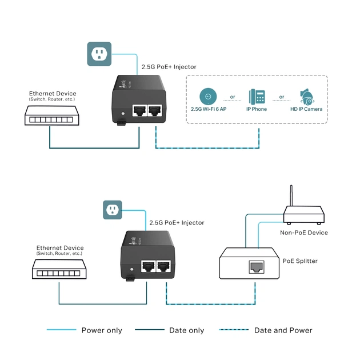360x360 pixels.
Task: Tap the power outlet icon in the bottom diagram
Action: point(113,210)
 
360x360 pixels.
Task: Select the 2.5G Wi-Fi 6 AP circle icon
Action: point(209,95)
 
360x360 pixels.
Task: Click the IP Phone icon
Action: point(257,95)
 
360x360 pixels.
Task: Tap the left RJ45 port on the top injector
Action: point(138,110)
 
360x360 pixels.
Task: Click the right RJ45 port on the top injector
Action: point(155,110)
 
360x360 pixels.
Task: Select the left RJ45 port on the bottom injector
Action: point(147,266)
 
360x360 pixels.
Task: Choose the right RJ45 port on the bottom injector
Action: point(165,266)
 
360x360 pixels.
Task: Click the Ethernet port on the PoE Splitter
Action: point(256,266)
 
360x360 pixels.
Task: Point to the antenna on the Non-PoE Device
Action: point(291,197)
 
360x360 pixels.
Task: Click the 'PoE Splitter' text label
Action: point(300,261)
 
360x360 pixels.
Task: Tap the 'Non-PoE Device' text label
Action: point(303,233)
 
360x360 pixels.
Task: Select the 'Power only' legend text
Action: point(102,330)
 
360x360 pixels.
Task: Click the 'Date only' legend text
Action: point(186,330)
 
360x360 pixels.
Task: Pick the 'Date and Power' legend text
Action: point(283,330)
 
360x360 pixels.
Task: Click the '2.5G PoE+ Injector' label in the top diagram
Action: point(169,67)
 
